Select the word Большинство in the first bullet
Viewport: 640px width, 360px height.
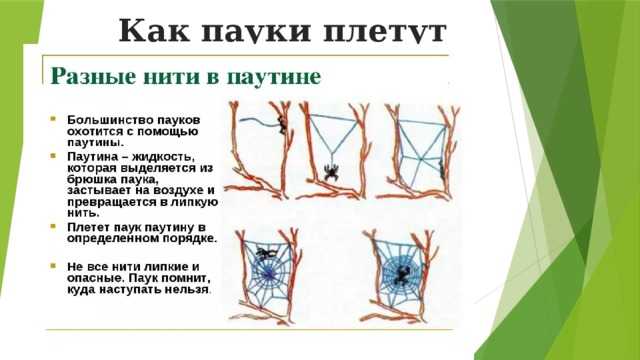(x=110, y=107)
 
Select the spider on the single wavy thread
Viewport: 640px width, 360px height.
(x=283, y=126)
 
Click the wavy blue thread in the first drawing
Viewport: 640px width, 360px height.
(x=262, y=120)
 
